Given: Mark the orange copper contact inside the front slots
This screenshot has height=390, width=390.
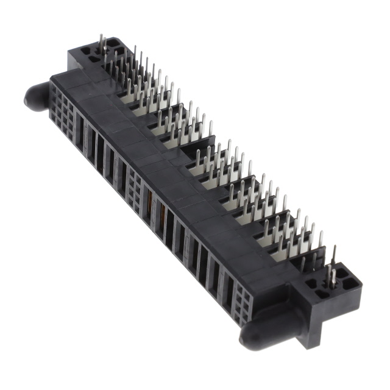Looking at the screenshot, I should coord(149,201).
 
